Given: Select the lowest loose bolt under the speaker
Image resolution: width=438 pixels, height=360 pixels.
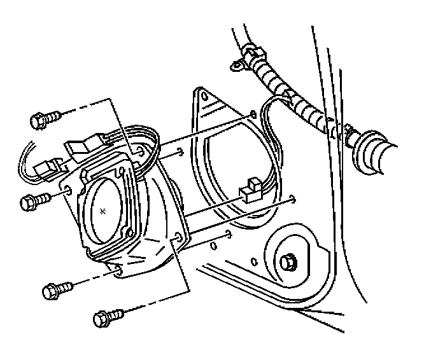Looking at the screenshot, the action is click(x=107, y=316).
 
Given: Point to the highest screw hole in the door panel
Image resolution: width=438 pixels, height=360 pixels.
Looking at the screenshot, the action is click(x=253, y=115).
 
